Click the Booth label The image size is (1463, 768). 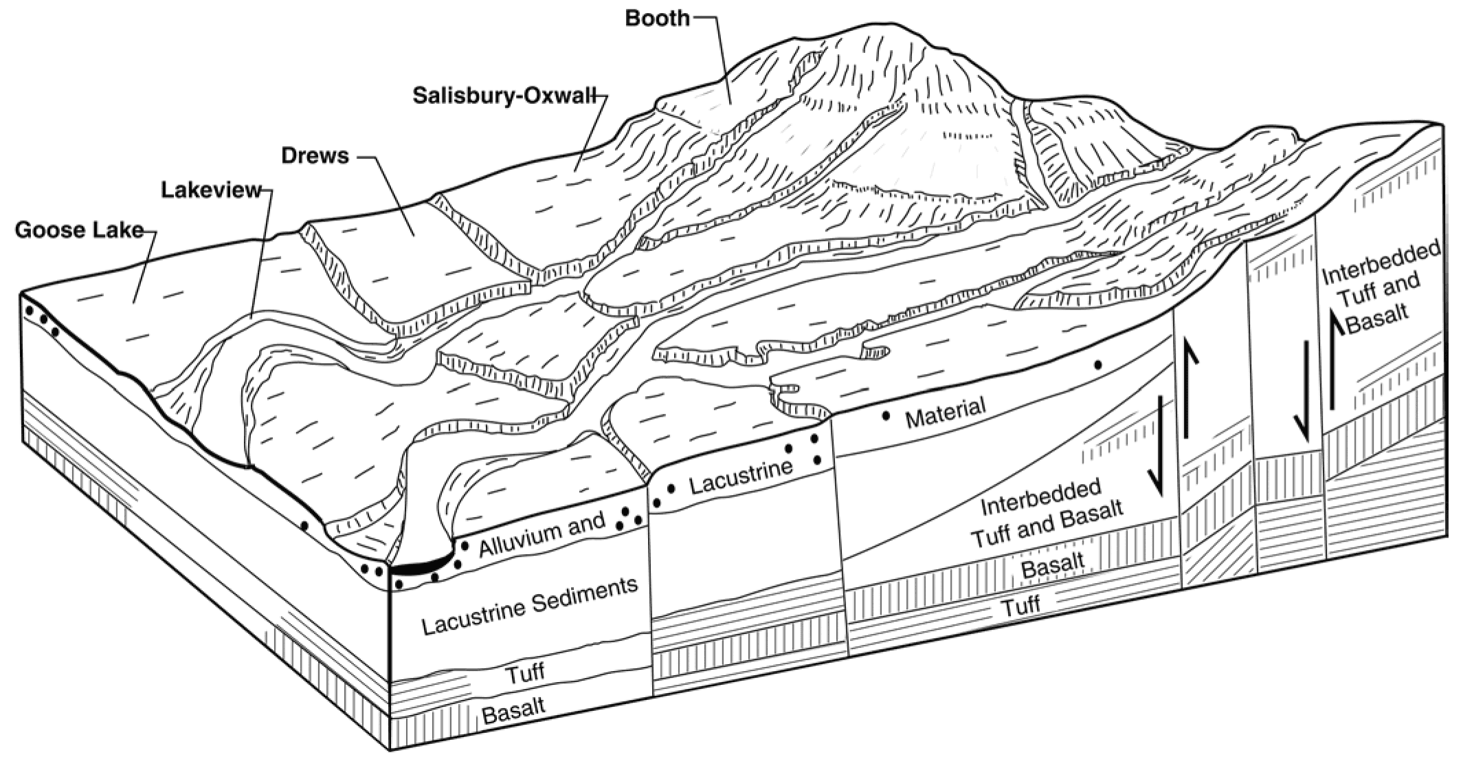coord(656,18)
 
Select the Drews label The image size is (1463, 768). coord(315,155)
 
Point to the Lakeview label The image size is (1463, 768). coord(212,190)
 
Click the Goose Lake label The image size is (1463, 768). coord(79,230)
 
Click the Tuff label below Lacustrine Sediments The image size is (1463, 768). coord(525,672)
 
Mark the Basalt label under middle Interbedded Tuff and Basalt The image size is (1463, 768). coord(1052,565)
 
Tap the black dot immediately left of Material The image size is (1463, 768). coord(886,416)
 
